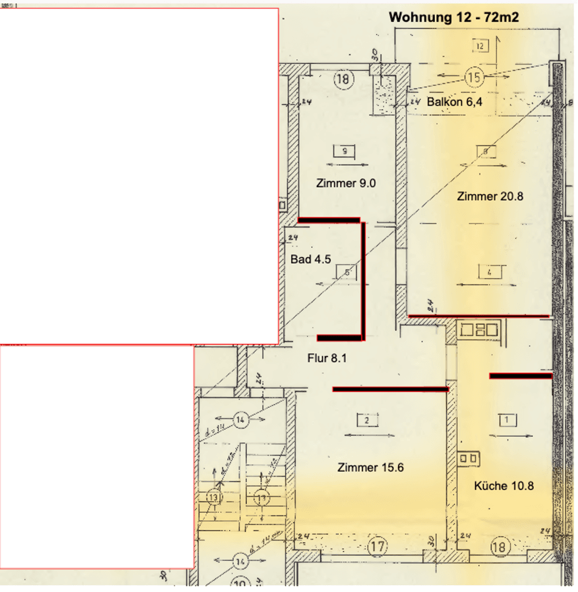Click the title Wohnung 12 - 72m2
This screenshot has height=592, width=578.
tap(454, 17)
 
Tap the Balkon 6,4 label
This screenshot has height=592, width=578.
tap(454, 102)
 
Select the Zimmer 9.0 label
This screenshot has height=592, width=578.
tap(346, 182)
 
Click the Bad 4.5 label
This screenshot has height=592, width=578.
tap(311, 259)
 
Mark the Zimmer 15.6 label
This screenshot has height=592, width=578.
tap(370, 468)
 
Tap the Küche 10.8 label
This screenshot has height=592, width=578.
tap(504, 486)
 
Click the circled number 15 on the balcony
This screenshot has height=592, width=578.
tap(474, 77)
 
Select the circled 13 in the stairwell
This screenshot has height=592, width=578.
tap(213, 497)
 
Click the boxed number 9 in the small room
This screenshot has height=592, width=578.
tap(344, 150)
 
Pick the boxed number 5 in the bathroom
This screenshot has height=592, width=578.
tap(347, 271)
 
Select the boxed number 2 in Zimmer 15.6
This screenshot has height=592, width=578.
tap(367, 420)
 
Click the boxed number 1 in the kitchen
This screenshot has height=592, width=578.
tap(507, 420)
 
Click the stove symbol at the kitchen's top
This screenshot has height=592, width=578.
tap(480, 330)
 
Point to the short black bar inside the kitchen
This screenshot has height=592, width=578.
tap(520, 375)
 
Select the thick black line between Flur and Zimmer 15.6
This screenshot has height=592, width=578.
tap(390, 389)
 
